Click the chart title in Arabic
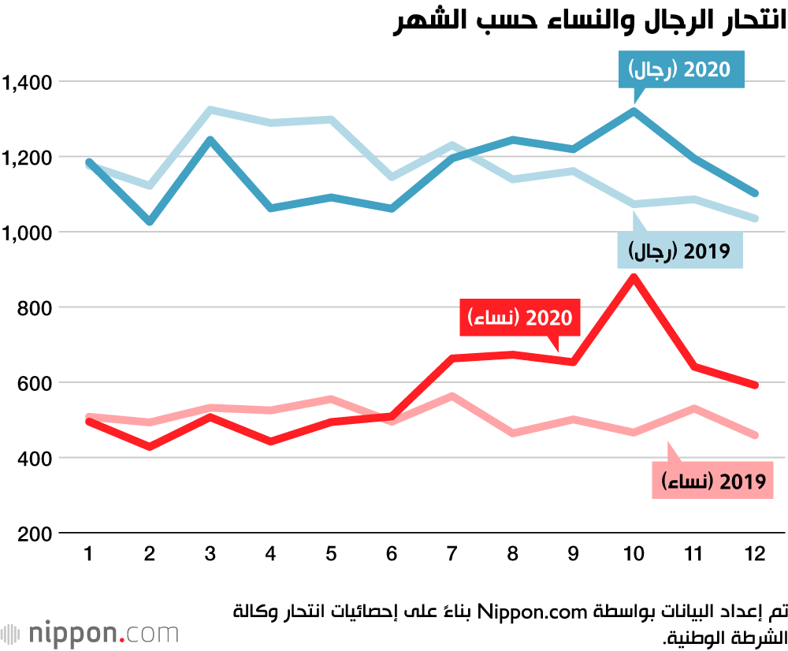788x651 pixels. (589, 21)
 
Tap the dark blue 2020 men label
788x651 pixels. (681, 69)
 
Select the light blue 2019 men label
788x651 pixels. (680, 251)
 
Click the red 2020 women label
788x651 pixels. (520, 317)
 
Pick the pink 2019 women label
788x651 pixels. (712, 481)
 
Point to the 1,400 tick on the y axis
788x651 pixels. (27, 82)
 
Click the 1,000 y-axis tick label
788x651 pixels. (27, 232)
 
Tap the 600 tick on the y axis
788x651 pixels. (35, 383)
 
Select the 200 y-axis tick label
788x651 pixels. (35, 534)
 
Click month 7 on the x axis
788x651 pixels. (452, 553)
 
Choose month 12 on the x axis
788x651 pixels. (755, 553)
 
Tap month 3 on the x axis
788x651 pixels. (210, 553)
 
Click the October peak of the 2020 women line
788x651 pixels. (634, 277)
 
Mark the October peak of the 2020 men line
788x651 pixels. (634, 110)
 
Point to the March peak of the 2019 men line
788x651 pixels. (210, 110)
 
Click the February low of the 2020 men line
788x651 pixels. (149, 221)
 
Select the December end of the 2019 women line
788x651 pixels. (755, 435)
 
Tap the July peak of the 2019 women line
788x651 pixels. (452, 396)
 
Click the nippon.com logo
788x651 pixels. (90, 633)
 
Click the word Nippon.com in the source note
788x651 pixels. (532, 612)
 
